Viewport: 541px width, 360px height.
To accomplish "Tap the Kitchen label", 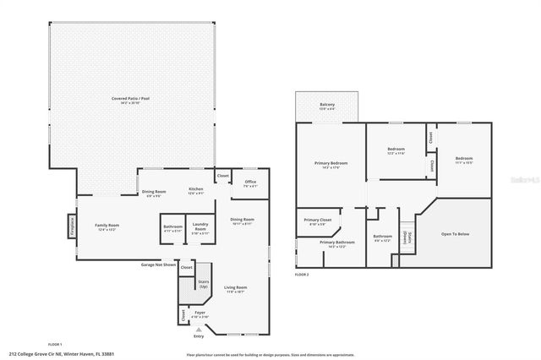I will coord(196,190).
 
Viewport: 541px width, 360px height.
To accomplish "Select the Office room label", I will coord(250,183).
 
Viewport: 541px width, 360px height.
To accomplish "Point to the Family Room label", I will coord(108,226).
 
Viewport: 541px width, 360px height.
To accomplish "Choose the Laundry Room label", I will coord(200,226).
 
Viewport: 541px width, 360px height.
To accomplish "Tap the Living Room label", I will coord(235,290).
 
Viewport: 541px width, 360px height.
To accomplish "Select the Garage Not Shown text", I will coord(158,265).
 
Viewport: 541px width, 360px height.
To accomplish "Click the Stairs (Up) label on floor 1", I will coord(203,285).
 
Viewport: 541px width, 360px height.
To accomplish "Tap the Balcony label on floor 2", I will coord(326,106).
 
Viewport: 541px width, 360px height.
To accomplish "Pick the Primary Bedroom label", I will coord(331,164).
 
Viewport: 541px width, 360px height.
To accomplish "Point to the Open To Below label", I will coord(455,234).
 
